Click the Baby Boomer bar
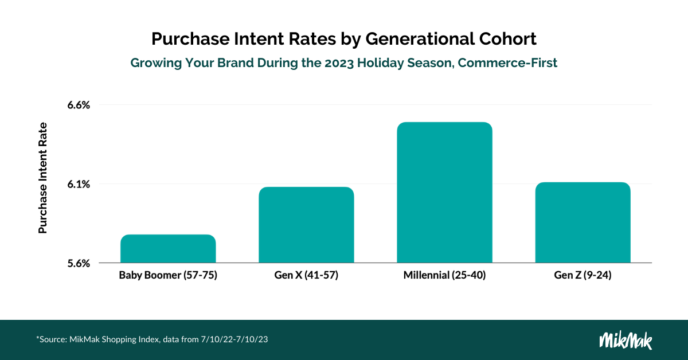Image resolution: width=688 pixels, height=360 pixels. [x=168, y=248]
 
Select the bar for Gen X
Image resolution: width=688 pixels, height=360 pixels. [x=306, y=225]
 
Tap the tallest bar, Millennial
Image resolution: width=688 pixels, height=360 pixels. [x=444, y=192]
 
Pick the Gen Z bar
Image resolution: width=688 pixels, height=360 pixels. [x=583, y=222]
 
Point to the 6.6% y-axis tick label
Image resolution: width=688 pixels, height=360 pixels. [x=79, y=105]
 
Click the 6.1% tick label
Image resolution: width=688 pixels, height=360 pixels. [x=79, y=185]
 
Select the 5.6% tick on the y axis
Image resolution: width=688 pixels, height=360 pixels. [x=79, y=264]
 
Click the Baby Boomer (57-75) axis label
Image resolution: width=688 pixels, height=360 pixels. [x=168, y=275]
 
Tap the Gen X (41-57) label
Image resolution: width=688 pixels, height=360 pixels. [x=306, y=275]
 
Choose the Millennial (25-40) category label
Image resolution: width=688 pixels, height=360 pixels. [x=444, y=275]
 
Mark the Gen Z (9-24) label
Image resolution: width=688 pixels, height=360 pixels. [x=583, y=275]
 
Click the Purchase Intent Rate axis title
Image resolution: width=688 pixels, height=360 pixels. [x=42, y=178]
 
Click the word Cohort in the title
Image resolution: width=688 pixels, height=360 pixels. [x=507, y=39]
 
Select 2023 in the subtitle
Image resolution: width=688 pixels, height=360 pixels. [x=339, y=63]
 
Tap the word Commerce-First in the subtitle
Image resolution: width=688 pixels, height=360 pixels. [x=507, y=63]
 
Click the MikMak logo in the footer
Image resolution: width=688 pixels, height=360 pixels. [x=626, y=340]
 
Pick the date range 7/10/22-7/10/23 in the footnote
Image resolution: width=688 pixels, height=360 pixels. [x=234, y=339]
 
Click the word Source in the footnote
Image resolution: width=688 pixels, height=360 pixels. [x=53, y=339]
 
